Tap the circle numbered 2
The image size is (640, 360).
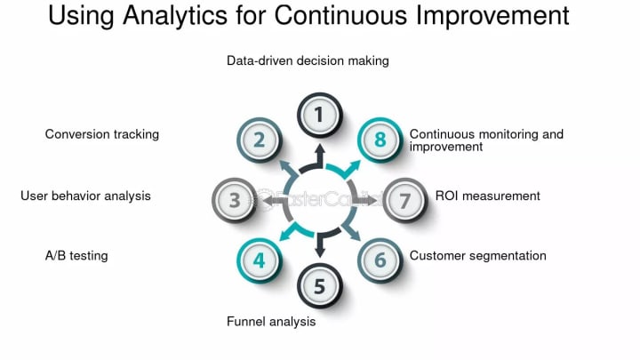(x=259, y=140)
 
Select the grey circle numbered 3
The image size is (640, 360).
(x=235, y=199)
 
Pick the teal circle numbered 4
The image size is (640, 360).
(x=259, y=260)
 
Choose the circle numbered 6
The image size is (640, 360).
(x=380, y=260)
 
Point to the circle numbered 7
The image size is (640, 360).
(x=404, y=199)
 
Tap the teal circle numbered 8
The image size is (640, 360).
(x=380, y=140)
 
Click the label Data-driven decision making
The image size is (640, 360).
(x=308, y=61)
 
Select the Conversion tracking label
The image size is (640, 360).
(x=102, y=134)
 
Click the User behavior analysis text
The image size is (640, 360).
(x=85, y=196)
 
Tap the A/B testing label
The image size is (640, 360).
(x=76, y=256)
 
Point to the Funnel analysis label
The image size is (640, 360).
(x=270, y=322)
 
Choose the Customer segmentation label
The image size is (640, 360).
(x=477, y=256)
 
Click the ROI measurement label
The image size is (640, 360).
(x=487, y=196)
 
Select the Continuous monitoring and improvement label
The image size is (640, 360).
(x=486, y=140)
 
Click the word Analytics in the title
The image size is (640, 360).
(x=201, y=17)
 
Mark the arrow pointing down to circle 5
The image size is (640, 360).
(x=319, y=245)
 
